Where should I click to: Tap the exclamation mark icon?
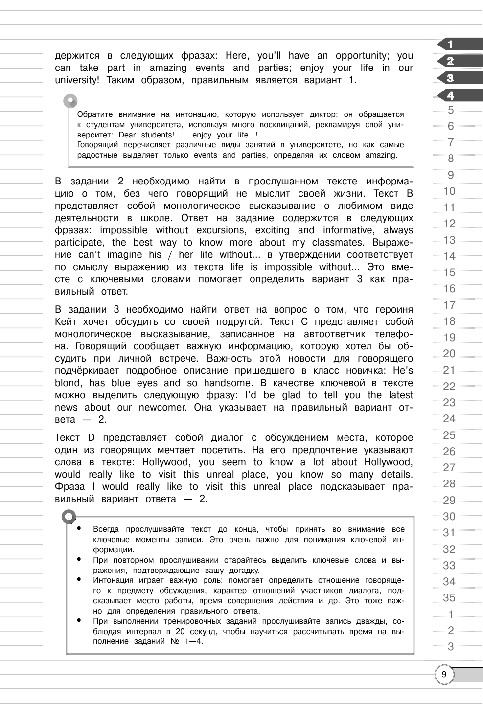click(69, 517)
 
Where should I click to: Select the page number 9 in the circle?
click(444, 675)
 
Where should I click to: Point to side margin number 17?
click(449, 305)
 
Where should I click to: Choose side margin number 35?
click(449, 597)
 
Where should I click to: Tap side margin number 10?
click(449, 191)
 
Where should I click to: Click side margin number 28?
click(449, 484)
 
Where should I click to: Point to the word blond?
click(67, 383)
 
